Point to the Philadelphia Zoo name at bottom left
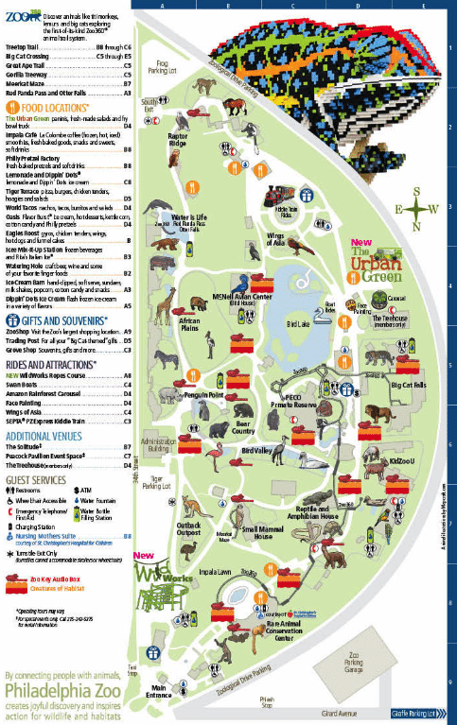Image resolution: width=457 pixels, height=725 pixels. coord(66,688)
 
